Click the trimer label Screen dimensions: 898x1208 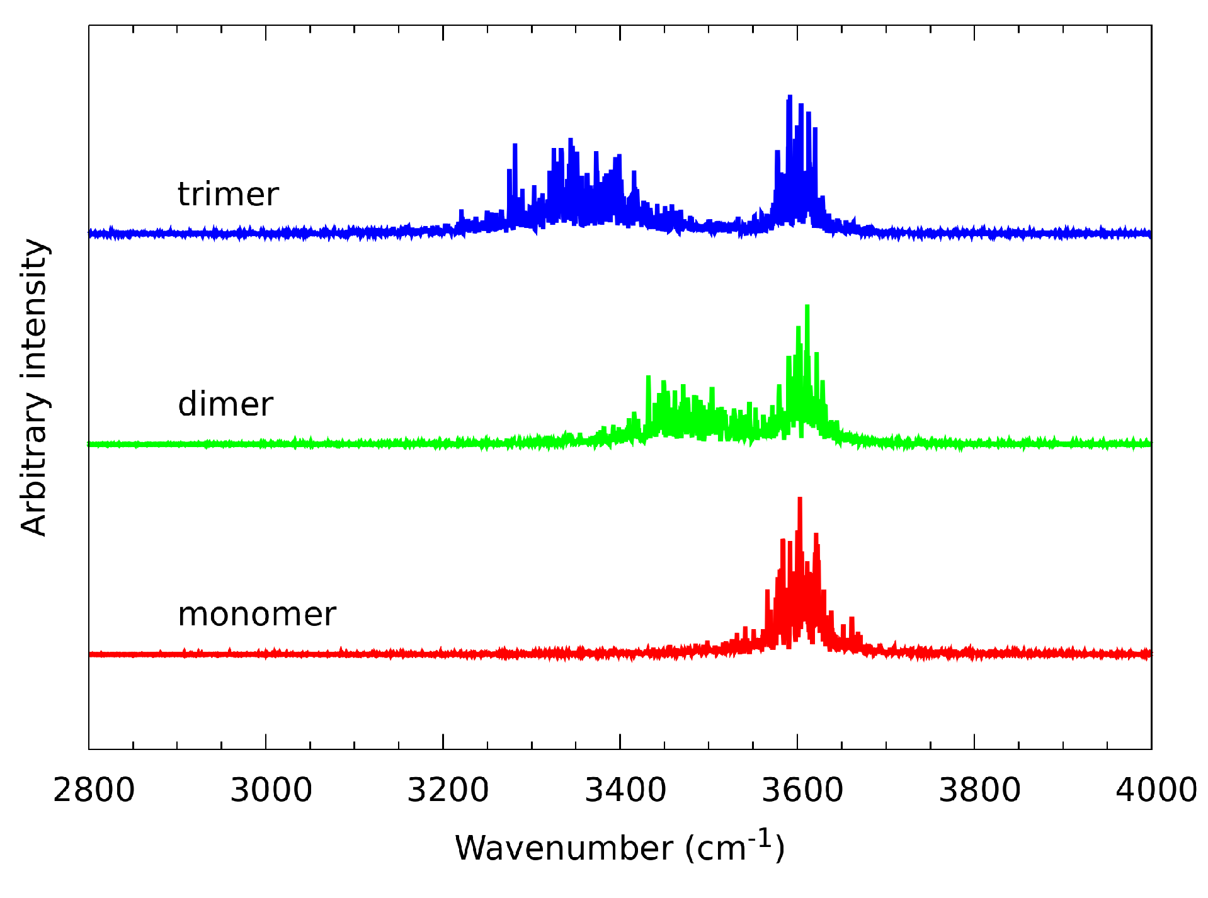click(x=228, y=194)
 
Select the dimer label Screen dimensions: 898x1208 click(x=225, y=404)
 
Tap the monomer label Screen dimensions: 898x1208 click(x=257, y=614)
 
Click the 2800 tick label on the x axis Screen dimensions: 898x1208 click(x=94, y=790)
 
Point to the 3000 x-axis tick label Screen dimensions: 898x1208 click(x=271, y=790)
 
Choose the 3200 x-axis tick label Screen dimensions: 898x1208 click(x=448, y=790)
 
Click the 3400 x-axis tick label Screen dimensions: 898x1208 click(x=625, y=790)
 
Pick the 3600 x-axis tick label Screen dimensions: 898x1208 click(x=802, y=790)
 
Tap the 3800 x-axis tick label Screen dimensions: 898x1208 click(x=979, y=790)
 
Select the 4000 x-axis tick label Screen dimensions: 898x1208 click(x=1156, y=790)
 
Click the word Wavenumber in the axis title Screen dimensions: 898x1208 click(x=564, y=848)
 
